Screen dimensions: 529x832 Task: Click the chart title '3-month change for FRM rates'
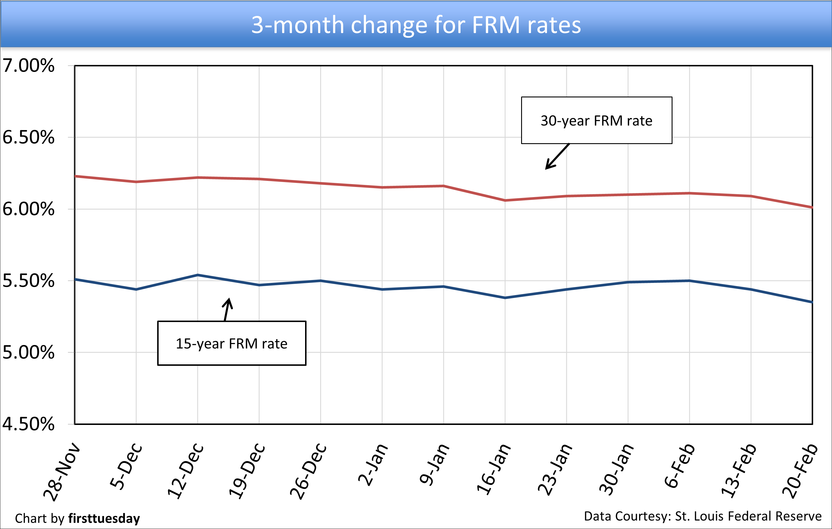point(416,25)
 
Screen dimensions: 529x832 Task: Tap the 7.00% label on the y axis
point(28,66)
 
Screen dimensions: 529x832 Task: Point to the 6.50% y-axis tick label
point(28,137)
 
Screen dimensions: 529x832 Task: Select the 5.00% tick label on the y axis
point(28,352)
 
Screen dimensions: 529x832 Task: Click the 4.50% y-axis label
point(28,424)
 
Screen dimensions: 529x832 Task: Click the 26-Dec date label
point(308,471)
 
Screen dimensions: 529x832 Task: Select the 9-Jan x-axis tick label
point(435,464)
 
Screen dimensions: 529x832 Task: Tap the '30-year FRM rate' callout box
point(596,121)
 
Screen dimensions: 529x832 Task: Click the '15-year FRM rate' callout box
point(231,343)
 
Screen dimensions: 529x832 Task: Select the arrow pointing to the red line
point(557,157)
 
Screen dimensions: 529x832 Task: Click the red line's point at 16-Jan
point(505,200)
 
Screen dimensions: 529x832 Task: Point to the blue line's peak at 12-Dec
point(198,275)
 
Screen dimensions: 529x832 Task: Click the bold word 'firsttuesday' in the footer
point(104,519)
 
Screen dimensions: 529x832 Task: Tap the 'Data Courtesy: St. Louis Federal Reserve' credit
point(702,516)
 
